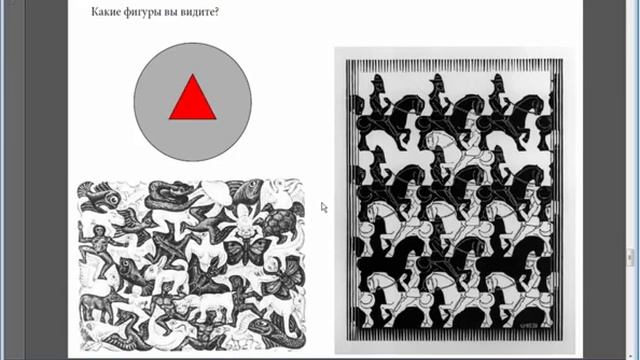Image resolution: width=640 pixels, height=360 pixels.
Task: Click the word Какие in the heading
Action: (x=104, y=11)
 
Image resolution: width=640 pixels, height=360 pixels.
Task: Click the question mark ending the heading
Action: (x=216, y=11)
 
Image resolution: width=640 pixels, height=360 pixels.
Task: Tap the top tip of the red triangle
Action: (x=193, y=74)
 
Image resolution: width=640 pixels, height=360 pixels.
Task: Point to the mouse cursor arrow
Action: (x=324, y=207)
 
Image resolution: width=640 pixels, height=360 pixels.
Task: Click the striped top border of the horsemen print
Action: (x=454, y=65)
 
